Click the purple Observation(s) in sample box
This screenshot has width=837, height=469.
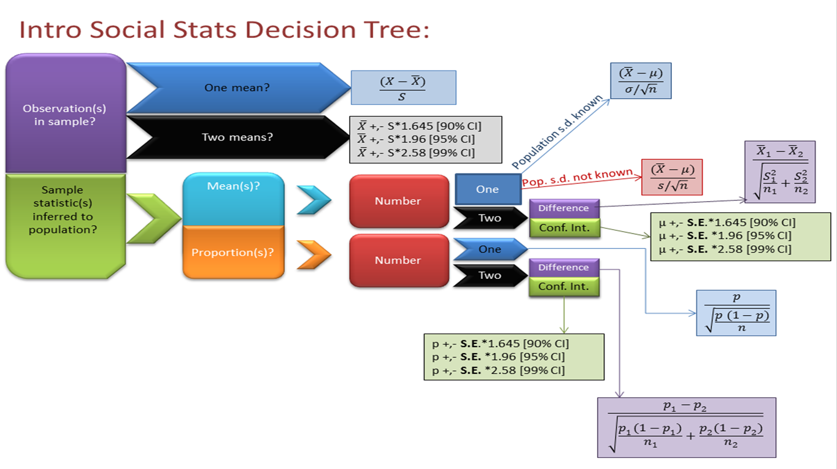[65, 114]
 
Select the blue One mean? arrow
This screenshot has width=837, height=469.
[237, 88]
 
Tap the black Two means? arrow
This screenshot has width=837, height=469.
[237, 137]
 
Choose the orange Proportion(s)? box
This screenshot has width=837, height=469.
[233, 252]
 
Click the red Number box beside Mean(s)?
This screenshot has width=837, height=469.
[398, 201]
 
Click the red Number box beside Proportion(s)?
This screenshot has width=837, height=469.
[398, 260]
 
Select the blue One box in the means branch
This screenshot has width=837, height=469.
[487, 189]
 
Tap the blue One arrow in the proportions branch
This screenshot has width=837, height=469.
[490, 249]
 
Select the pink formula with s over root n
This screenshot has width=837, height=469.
[671, 178]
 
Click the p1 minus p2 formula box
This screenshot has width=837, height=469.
[686, 427]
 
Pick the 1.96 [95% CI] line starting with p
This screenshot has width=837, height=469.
[498, 357]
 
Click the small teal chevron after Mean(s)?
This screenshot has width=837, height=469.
[314, 200]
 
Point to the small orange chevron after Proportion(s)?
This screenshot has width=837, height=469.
[314, 255]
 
